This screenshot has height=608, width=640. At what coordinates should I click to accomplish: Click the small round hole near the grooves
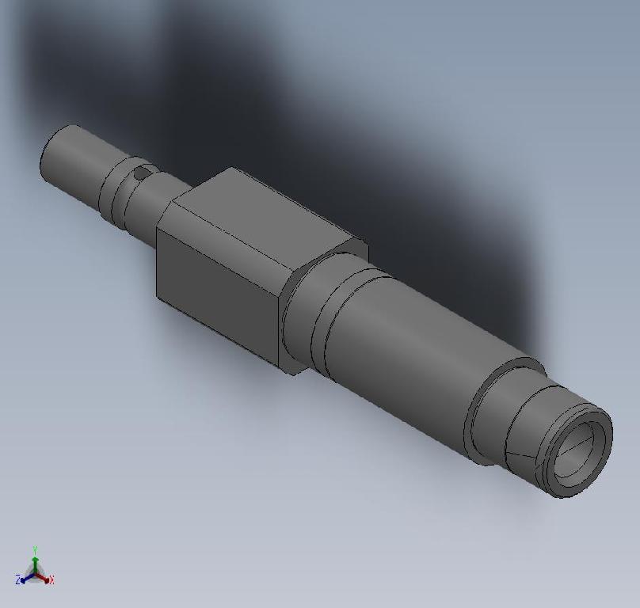[140, 173]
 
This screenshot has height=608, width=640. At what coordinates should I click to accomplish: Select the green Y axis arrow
[36, 557]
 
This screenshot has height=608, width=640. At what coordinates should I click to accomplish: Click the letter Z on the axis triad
[17, 581]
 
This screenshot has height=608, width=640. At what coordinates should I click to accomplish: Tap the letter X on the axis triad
[51, 581]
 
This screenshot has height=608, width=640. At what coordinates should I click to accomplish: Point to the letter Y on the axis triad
[36, 549]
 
